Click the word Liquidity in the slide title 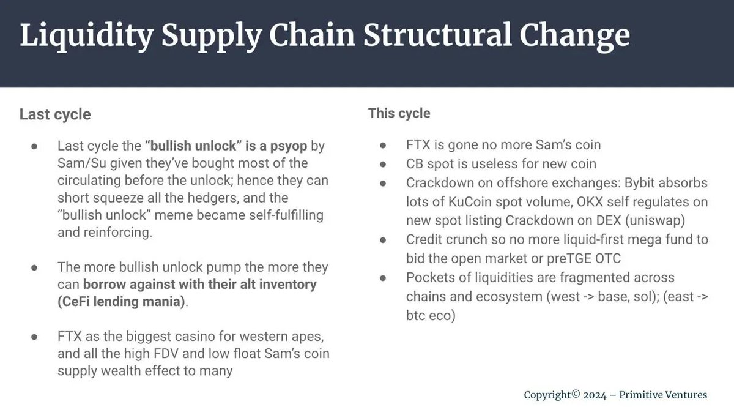pos(87,36)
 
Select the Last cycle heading pos(55,114)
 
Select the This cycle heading pos(399,113)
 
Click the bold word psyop pos(288,146)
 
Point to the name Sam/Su pos(82,163)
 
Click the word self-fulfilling pos(286,215)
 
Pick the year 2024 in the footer pos(595,395)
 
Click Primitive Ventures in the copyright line pos(663,395)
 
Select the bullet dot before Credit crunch pos(383,240)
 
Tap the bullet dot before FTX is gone pos(383,145)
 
